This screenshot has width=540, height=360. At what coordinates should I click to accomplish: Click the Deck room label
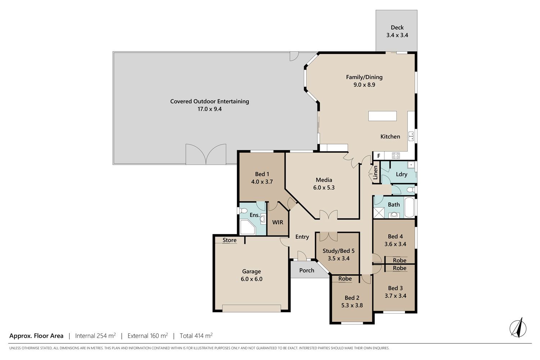coord(397,27)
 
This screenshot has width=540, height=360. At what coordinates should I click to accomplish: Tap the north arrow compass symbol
coord(518,328)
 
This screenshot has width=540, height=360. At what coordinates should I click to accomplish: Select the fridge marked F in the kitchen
coord(379,156)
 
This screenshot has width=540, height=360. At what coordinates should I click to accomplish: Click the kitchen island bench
coord(382,116)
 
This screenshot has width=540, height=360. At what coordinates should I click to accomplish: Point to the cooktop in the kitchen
coord(396,156)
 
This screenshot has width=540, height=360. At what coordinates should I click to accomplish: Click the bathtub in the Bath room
coord(409,207)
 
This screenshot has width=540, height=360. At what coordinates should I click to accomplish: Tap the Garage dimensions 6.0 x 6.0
coord(251,279)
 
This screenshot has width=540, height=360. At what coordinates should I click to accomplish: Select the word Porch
coord(307,270)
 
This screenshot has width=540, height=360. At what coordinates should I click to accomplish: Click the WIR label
coord(278,222)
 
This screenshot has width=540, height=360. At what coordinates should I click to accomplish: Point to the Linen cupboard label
coord(375,172)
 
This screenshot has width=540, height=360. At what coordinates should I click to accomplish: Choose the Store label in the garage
coord(230,240)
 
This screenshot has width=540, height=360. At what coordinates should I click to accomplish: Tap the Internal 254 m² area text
coord(95,336)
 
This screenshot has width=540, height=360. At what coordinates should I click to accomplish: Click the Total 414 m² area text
coord(196,336)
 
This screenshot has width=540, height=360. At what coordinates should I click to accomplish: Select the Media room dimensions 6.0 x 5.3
coord(324,188)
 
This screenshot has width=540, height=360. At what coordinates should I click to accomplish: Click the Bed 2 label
coord(352,298)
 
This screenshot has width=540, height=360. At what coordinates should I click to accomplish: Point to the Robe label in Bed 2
coord(345,279)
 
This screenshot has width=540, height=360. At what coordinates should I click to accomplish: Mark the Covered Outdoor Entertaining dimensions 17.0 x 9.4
coord(210,109)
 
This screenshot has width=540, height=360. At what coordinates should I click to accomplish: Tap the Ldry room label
coord(401,174)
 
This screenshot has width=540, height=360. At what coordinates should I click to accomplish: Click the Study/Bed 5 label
coord(338,251)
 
